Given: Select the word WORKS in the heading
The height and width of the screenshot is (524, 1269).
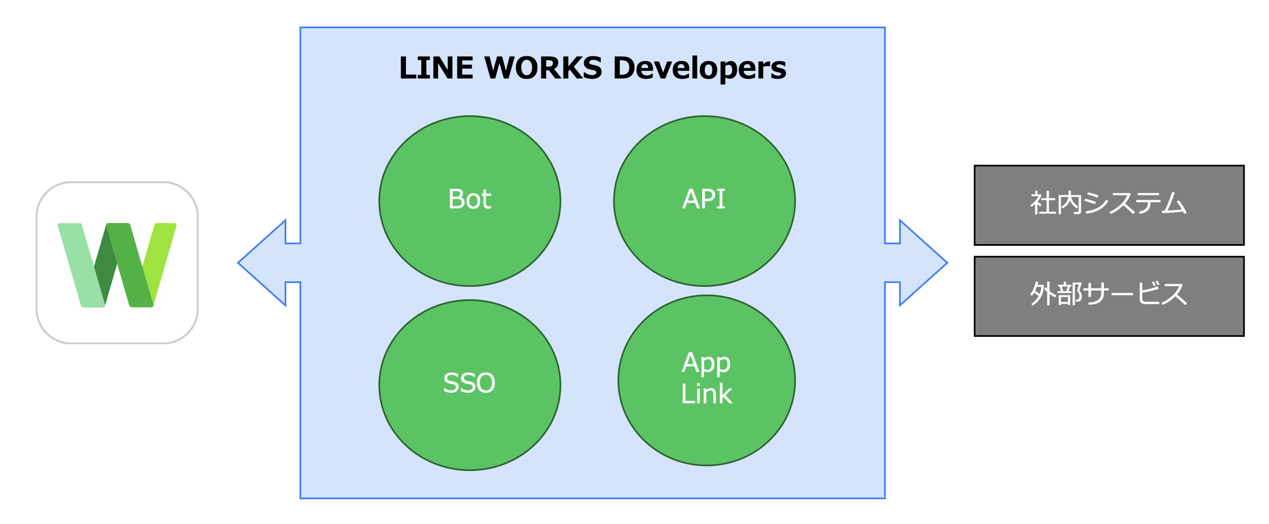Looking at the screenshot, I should tap(543, 68).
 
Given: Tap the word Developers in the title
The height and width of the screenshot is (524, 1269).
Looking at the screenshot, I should tap(699, 69).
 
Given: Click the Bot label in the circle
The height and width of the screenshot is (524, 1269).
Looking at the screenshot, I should tap(469, 199).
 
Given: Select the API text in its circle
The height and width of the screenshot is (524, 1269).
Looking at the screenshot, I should tap(704, 199).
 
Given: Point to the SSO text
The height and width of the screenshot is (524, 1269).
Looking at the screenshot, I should tap(469, 383).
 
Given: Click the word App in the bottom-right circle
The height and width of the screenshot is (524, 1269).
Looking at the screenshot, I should tap(706, 363).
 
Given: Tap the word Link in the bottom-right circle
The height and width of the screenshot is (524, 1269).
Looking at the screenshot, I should tap(706, 394).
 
